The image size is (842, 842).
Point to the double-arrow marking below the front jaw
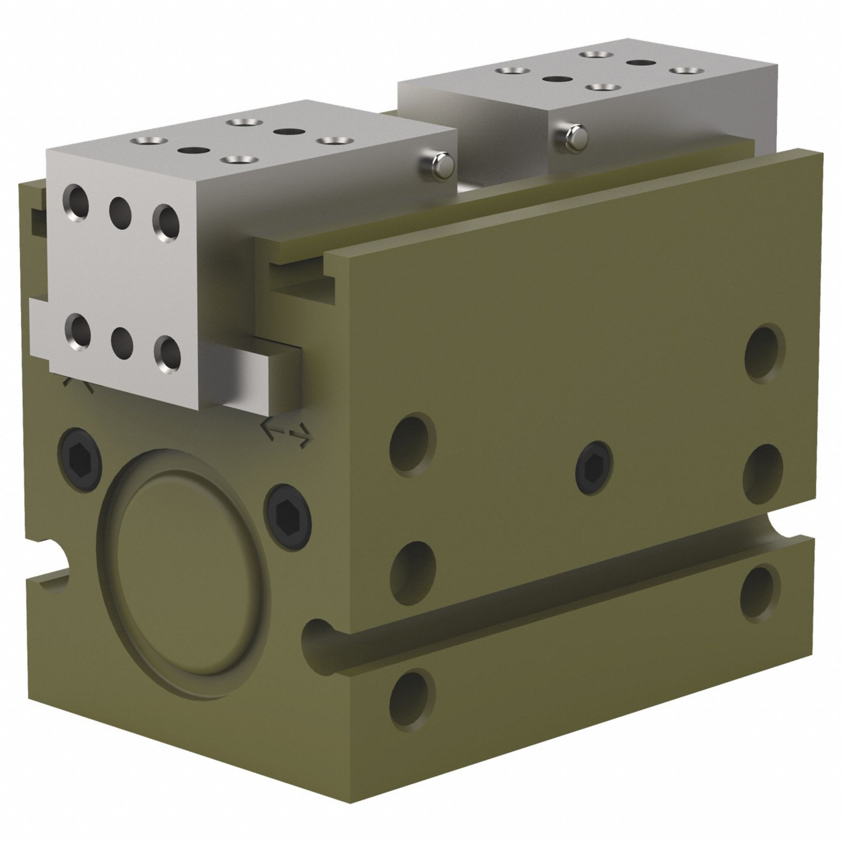286,434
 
